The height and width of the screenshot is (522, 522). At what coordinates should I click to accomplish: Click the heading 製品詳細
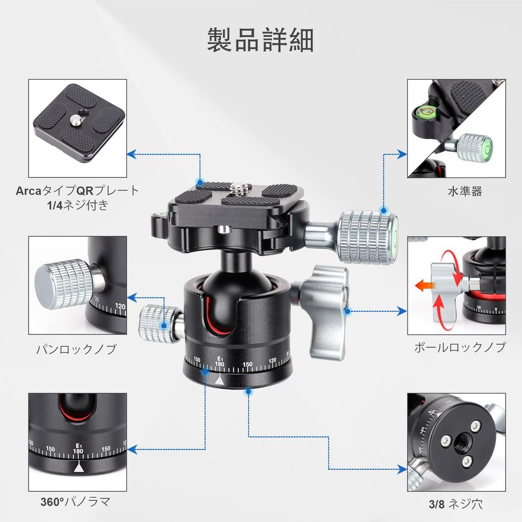[x=260, y=40]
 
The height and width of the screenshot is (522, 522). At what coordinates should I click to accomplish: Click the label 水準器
[x=464, y=192]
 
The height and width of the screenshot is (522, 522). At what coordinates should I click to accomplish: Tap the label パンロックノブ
[x=76, y=349]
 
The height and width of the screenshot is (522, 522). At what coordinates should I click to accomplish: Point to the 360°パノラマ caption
[x=75, y=502]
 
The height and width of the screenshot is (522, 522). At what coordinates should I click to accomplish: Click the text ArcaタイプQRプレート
[x=77, y=191]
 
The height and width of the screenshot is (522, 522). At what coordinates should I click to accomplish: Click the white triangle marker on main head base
[x=219, y=380]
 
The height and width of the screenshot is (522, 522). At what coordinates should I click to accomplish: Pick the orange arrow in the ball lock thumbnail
[x=422, y=286]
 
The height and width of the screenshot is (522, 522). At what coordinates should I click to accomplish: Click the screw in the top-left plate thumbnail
[x=75, y=119]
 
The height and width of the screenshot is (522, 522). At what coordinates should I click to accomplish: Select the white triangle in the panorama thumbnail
[x=79, y=467]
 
